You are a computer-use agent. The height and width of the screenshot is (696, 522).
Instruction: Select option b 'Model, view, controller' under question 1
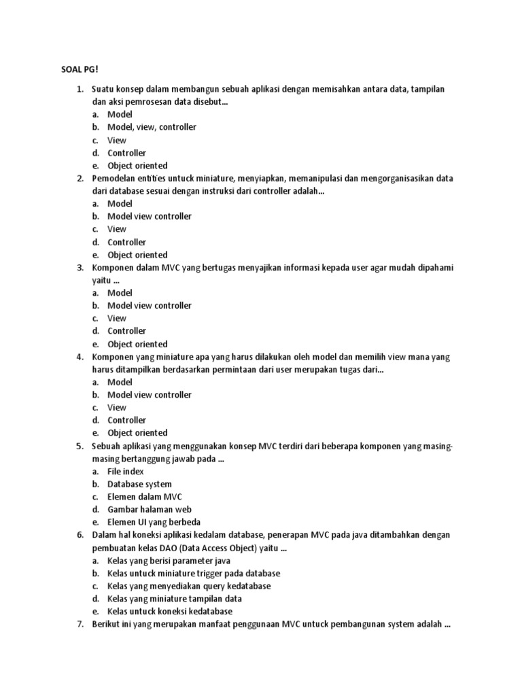(152, 127)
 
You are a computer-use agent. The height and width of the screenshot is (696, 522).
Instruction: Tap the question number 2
(80, 178)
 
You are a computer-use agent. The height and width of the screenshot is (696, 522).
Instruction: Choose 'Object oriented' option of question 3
(137, 344)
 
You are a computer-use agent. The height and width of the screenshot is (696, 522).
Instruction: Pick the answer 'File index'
(126, 471)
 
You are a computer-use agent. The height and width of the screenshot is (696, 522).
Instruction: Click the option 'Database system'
(139, 484)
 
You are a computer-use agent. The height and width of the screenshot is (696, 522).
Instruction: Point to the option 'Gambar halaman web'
(150, 509)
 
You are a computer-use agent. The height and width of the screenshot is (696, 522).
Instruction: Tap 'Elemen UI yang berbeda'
(154, 522)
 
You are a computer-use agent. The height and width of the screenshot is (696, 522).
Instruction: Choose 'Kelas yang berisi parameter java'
(169, 561)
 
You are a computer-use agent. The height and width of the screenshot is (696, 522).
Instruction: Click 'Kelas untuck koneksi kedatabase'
(170, 611)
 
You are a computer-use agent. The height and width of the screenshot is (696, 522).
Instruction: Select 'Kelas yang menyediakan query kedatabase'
(189, 586)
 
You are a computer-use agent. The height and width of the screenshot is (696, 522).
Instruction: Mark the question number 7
(80, 624)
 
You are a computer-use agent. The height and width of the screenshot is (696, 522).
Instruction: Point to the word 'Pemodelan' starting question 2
(113, 178)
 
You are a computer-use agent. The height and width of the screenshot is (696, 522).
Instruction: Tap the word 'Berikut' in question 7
(105, 624)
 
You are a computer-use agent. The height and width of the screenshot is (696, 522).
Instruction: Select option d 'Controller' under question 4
(126, 420)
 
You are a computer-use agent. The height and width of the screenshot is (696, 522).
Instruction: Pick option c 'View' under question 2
(117, 229)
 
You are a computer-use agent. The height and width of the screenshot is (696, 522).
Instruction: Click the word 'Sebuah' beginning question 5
(105, 446)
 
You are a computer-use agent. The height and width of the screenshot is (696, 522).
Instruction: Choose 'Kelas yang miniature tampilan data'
(175, 599)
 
